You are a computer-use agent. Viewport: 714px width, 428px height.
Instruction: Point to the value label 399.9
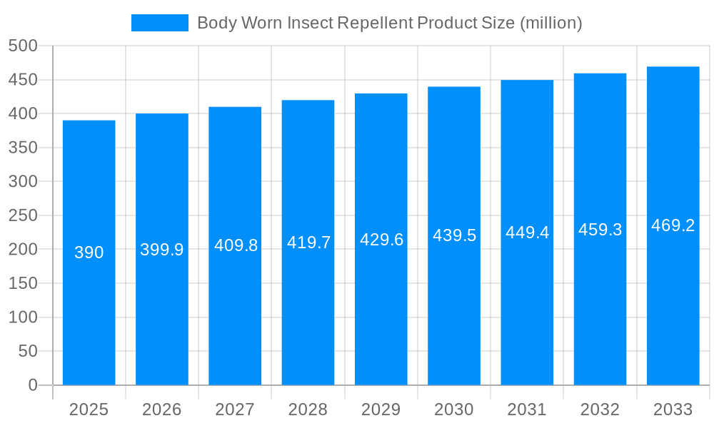162,250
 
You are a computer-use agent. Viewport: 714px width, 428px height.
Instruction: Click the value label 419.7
308,243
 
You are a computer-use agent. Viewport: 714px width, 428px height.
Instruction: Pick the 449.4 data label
527,233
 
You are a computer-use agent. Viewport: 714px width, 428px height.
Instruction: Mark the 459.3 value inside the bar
600,230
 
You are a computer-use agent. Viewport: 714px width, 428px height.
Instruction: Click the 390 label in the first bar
89,253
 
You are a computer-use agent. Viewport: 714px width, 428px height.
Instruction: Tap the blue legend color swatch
160,23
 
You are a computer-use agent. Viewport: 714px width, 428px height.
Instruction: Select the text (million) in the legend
550,23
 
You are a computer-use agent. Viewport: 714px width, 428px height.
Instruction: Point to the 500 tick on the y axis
23,46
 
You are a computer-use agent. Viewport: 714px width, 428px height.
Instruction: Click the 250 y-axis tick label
23,215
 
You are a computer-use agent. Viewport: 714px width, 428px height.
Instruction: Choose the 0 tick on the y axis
33,385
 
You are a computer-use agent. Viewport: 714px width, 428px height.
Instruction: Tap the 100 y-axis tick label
23,317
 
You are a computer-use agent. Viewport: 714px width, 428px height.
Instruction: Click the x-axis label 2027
235,409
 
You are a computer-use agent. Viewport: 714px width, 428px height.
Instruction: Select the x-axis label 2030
454,409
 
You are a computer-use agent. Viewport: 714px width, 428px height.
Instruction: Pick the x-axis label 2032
600,409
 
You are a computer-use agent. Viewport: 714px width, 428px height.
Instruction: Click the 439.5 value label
454,235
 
